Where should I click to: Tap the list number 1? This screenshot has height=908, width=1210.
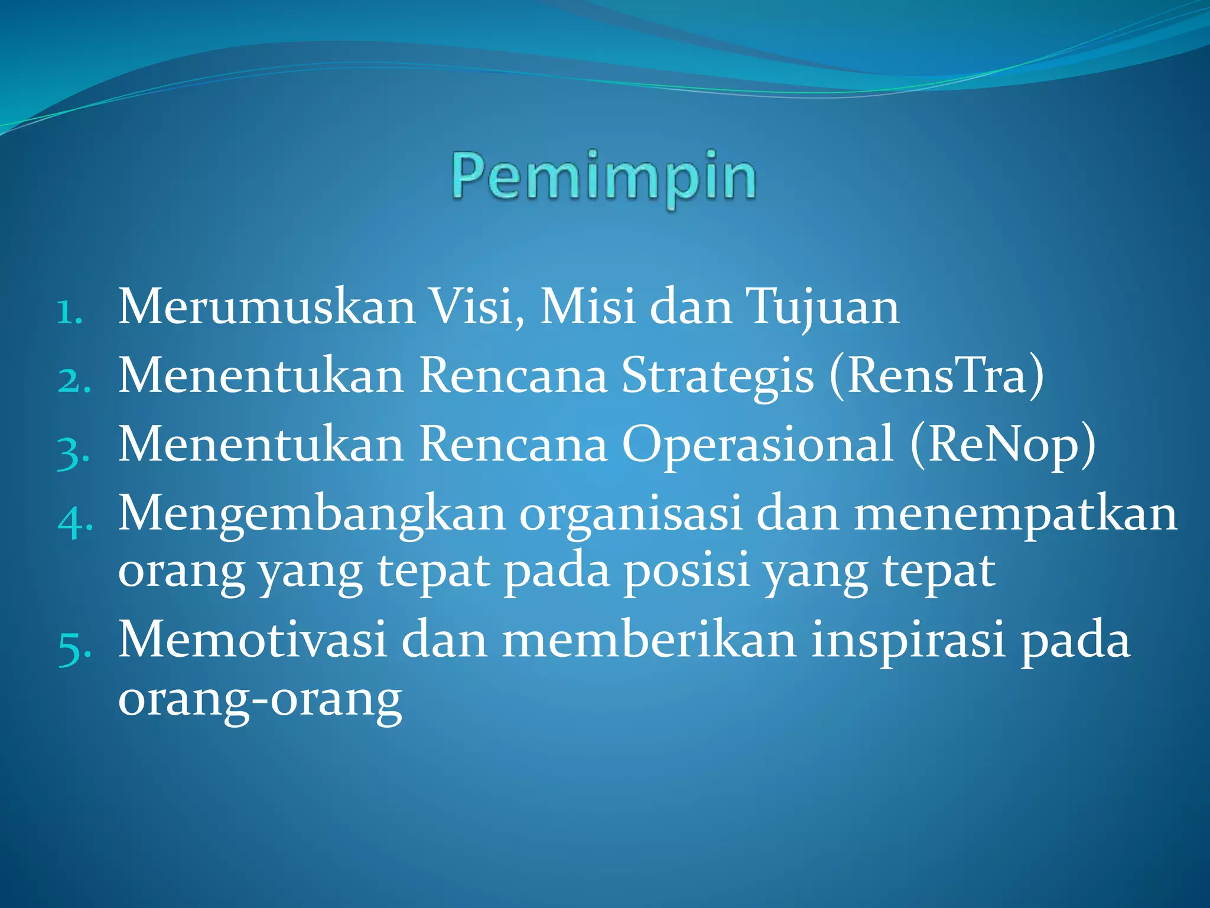[x=69, y=312]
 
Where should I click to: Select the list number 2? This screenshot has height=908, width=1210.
[x=74, y=380]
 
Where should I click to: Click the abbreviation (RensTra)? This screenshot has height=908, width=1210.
[x=937, y=376]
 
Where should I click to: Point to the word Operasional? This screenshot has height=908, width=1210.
[x=758, y=445]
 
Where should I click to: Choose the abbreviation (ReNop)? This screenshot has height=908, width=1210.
[x=1003, y=445]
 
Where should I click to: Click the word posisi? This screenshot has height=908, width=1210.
[x=687, y=572]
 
